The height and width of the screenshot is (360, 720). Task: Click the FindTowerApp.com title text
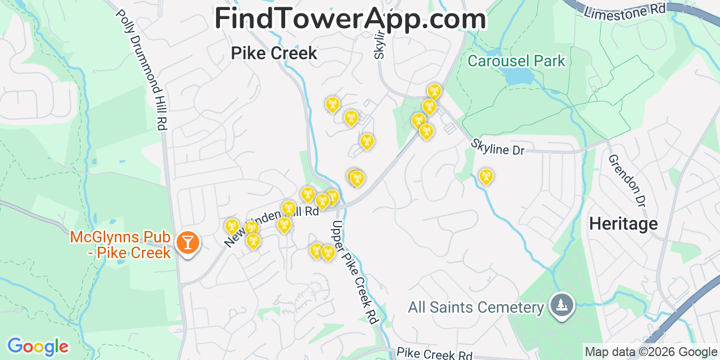click(x=350, y=19)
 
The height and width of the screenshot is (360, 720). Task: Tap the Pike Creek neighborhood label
click(x=274, y=53)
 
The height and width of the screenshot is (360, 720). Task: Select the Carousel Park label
click(x=516, y=61)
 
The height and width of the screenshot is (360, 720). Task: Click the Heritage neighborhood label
click(x=623, y=224)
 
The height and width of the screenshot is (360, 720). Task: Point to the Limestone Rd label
click(x=624, y=11)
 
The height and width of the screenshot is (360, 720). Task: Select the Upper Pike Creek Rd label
click(x=354, y=272)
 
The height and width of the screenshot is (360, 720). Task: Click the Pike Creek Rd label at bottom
click(x=434, y=354)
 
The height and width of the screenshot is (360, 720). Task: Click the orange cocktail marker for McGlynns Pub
click(x=187, y=242)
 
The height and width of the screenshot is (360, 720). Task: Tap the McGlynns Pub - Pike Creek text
click(x=120, y=245)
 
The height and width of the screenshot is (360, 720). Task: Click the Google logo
click(x=38, y=346)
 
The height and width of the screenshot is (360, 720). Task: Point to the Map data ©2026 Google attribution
click(x=651, y=352)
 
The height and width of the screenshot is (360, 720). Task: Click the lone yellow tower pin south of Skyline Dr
click(x=486, y=177)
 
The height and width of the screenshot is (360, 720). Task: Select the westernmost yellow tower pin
click(x=232, y=227)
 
